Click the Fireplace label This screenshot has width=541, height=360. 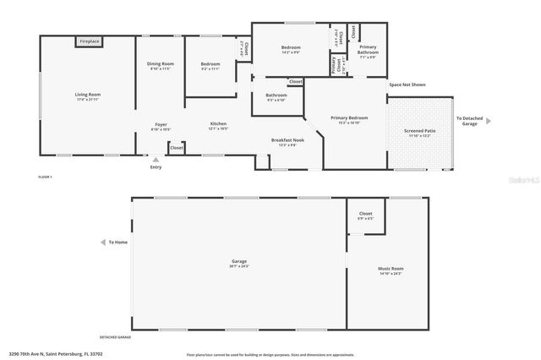89,41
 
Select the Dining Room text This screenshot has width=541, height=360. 161,64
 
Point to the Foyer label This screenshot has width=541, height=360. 160,125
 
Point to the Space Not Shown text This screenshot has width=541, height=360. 407,85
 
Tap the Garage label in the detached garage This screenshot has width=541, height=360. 238,262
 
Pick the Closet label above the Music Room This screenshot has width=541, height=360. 365,214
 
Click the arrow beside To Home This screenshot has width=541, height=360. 103,243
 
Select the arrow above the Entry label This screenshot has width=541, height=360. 155,158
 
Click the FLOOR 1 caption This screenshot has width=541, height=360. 46,177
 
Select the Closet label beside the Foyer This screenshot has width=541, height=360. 176,148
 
